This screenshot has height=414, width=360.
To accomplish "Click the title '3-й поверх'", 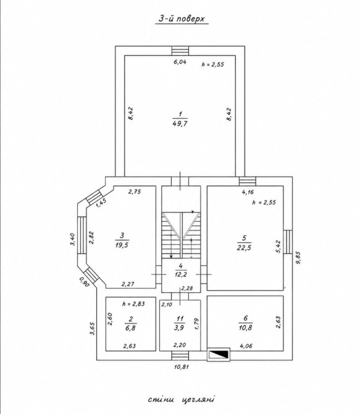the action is point(182,19).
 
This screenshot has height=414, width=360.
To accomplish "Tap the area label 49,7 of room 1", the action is point(180,124).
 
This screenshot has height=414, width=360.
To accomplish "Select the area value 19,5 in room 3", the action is point(122,245).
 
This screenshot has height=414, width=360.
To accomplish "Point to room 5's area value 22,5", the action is point(244,248).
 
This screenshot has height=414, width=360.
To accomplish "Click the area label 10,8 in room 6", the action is point(246,327).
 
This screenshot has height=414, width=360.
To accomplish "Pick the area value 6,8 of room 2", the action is point(131,328).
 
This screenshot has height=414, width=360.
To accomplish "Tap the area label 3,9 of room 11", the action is point(179,327).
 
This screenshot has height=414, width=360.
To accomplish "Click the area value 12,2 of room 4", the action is point(180,274).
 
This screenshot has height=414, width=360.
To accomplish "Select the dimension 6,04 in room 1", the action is point(180,62).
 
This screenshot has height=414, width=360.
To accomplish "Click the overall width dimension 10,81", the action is point(182,366).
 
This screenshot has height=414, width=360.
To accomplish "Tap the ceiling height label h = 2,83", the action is point(133,304).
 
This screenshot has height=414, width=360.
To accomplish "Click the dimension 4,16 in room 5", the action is point(248,192).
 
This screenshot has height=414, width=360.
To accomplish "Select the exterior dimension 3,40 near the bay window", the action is point(72,239).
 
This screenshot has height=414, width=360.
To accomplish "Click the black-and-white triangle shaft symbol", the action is point(219,354).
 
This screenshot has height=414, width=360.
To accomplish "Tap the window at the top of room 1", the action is point(180,51).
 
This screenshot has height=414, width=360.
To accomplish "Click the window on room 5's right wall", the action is point(288,242).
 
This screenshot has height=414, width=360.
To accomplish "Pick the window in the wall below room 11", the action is point(180,356).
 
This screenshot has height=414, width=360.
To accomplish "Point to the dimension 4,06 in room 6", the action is point(246,346).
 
